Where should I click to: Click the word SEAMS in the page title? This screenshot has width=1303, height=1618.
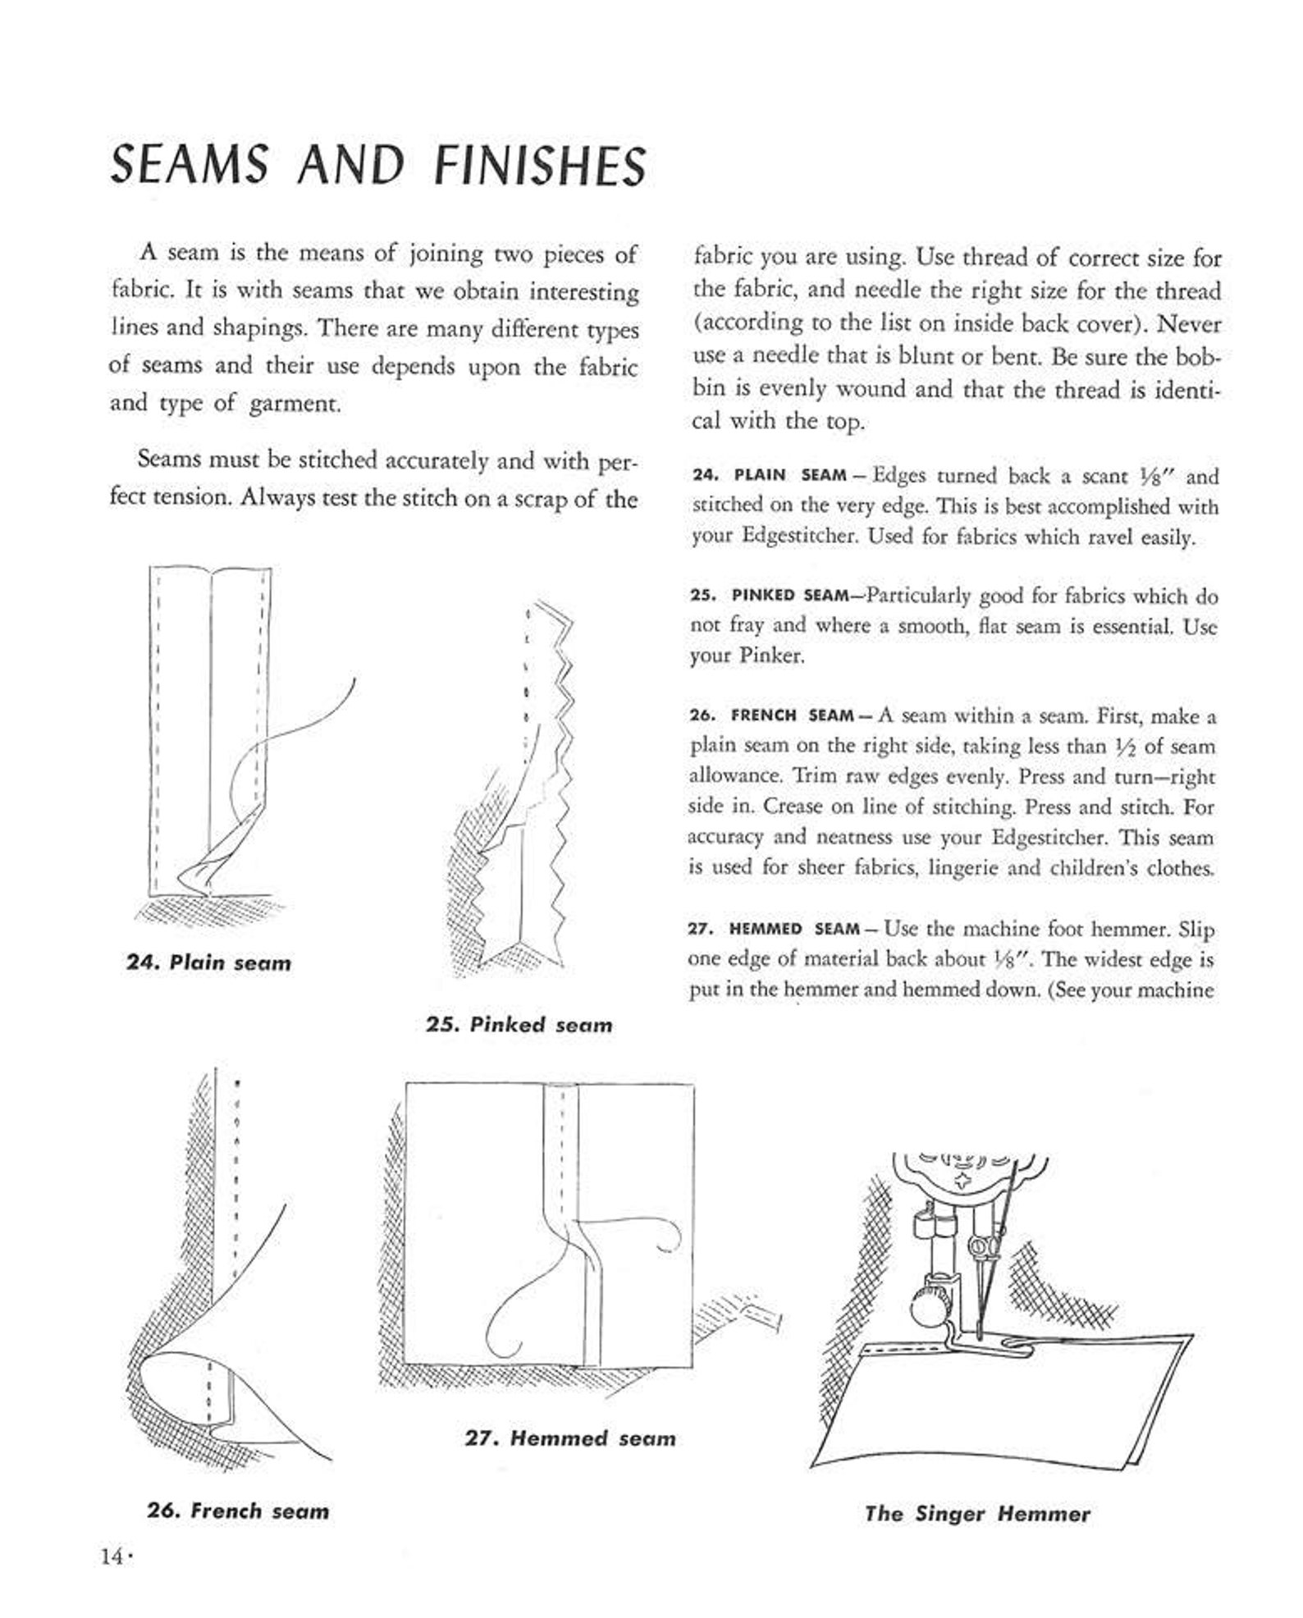point(190,165)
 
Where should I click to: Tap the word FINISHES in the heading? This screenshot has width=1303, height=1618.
point(540,165)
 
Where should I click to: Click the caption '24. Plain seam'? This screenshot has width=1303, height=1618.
point(208,962)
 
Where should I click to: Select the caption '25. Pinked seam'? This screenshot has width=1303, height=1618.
point(519,1025)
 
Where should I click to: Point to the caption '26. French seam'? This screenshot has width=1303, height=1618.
point(238,1511)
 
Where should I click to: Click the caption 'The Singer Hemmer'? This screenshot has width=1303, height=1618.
point(977,1515)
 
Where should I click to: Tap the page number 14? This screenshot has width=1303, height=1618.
point(112,1556)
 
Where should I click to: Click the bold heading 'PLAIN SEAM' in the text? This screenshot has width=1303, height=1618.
point(789,476)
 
